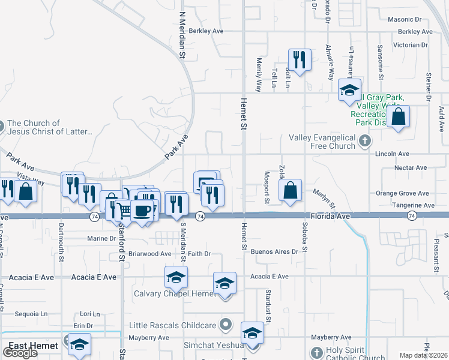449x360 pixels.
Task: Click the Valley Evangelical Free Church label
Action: coord(322,142)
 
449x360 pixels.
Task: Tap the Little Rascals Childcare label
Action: coord(173,325)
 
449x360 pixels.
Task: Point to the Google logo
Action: coord(20,353)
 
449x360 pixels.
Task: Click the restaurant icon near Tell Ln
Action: coord(299,59)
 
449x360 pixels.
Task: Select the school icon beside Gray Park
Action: coord(349,90)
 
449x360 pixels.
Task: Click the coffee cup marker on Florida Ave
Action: coord(142,211)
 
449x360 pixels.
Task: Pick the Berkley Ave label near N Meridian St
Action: coord(206,31)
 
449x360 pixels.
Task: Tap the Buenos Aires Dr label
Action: coord(274,252)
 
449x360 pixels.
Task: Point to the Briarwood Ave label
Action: coord(149,254)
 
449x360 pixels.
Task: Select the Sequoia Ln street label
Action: coord(31,314)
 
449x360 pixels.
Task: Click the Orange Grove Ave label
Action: coord(402,194)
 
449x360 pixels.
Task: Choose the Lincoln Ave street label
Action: coord(392,154)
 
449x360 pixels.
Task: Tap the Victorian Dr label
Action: coord(411,45)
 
